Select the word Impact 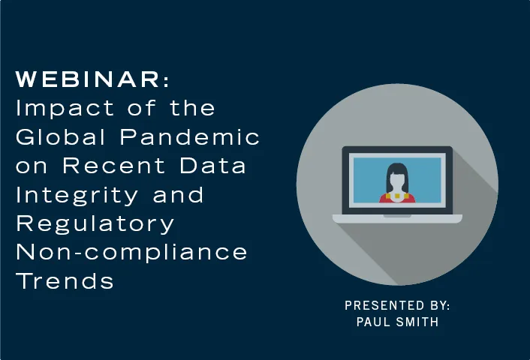(53, 108)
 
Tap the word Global (57, 137)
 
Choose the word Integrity (75, 195)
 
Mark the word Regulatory (95, 223)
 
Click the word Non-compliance (132, 252)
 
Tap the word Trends (65, 280)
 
